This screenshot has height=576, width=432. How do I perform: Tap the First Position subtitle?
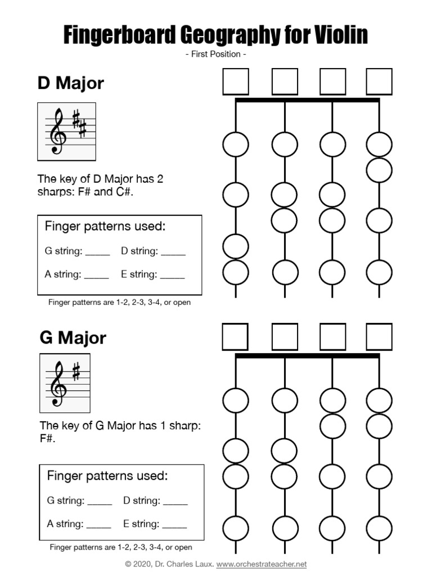(x=215, y=55)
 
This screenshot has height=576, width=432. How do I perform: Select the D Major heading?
(x=71, y=83)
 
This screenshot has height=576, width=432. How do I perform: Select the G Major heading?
(x=73, y=338)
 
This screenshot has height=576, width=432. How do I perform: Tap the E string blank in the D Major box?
(x=172, y=276)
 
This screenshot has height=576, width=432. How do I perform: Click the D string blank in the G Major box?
(x=175, y=501)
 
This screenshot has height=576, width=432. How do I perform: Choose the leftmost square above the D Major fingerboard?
(x=236, y=82)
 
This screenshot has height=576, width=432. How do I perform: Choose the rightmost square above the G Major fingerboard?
(x=379, y=337)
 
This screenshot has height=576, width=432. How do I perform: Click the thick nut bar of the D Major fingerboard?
(x=307, y=101)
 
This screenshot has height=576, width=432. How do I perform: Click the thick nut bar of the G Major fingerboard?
(x=307, y=356)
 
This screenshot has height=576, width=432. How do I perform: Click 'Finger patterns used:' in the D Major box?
(x=105, y=227)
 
